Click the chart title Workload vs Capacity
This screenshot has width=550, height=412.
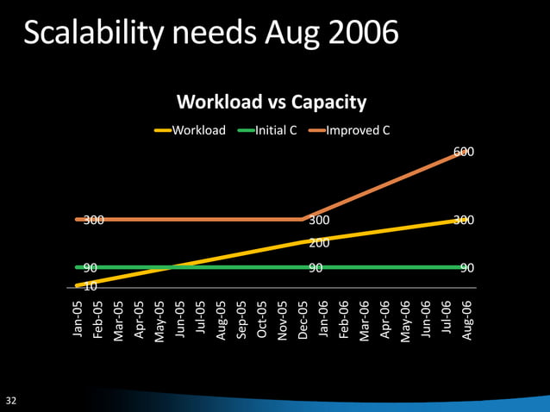tap(272, 103)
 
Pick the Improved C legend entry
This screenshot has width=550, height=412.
tap(357, 131)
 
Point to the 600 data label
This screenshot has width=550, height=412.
tap(464, 153)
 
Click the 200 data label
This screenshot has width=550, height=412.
tap(320, 244)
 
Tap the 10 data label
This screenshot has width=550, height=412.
tap(90, 285)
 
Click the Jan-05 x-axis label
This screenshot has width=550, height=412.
tap(78, 319)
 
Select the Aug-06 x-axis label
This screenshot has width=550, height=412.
tap(466, 319)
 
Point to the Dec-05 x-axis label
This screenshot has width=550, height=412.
tap(303, 319)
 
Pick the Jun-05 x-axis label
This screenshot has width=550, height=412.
tap(180, 319)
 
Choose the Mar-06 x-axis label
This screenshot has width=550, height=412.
tap(365, 319)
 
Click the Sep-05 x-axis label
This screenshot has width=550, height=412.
tap(241, 319)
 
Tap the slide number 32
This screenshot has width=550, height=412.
tap(12, 401)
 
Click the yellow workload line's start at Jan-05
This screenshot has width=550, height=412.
tap(78, 284)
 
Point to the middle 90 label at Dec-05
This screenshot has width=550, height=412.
tap(316, 268)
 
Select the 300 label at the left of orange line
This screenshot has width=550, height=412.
tap(93, 221)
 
